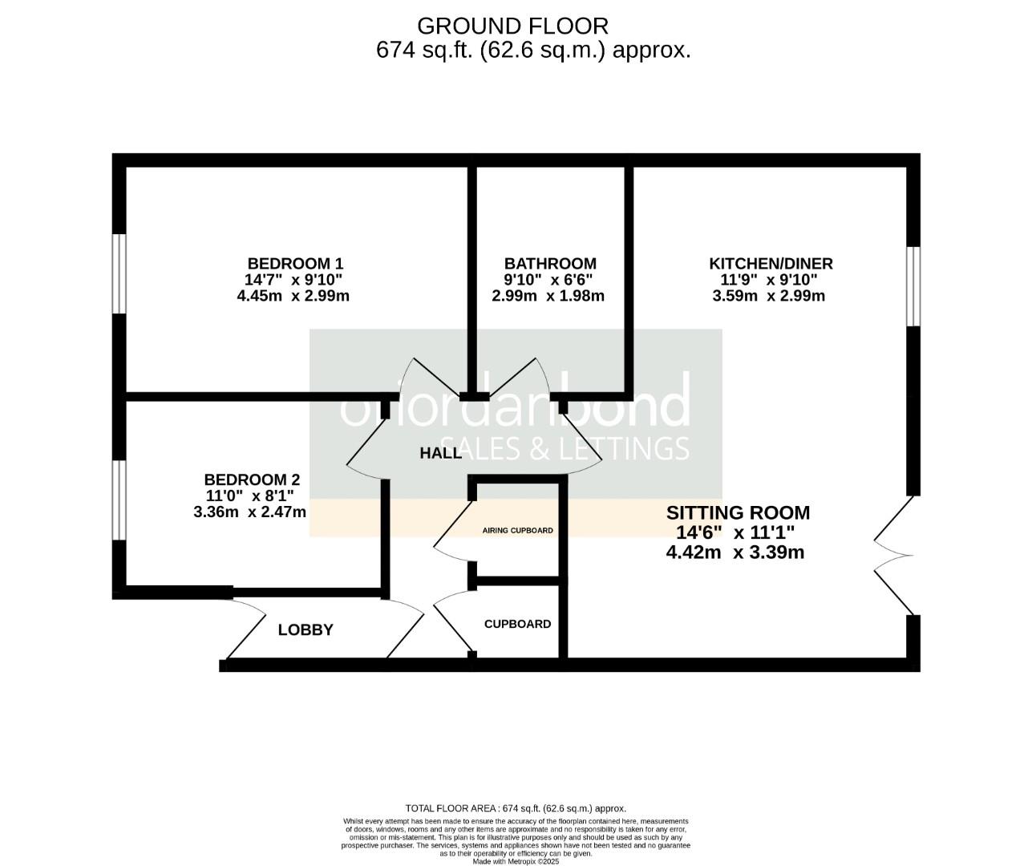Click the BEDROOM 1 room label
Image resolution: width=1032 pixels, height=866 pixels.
tap(295, 263)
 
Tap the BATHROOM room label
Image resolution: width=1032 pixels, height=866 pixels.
tap(550, 263)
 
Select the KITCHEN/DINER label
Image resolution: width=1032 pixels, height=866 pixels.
tap(771, 263)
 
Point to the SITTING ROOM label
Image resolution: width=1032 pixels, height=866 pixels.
tap(738, 512)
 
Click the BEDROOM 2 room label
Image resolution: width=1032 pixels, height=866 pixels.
tap(252, 480)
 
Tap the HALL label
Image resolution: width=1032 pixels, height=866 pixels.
tap(441, 453)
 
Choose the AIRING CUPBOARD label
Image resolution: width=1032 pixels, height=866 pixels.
tap(517, 531)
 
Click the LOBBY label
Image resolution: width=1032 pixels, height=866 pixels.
tap(306, 630)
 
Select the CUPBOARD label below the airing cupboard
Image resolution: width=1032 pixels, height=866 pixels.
tap(517, 624)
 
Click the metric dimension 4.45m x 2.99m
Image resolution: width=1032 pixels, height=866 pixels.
tap(293, 296)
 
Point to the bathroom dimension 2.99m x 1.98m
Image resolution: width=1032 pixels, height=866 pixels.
tap(548, 296)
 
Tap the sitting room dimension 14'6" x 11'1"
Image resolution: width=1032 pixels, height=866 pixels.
tap(735, 532)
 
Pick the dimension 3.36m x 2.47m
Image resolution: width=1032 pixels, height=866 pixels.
tap(250, 512)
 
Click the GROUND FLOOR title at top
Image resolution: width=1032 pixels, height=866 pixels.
tap(513, 26)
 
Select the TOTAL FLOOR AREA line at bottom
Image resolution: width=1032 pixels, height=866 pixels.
tap(516, 808)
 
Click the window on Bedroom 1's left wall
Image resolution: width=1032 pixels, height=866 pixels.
tap(119, 273)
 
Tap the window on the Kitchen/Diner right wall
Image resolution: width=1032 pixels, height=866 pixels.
tap(913, 286)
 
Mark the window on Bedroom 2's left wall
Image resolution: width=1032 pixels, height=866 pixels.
tap(119, 500)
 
